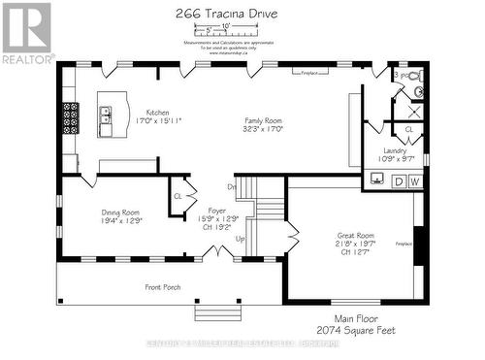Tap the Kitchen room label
pyautogui.click(x=157, y=112)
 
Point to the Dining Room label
pyautogui.click(x=121, y=213)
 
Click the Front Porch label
pyautogui.click(x=166, y=286)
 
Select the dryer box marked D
pyautogui.click(x=399, y=180)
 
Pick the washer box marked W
pyautogui.click(x=414, y=180)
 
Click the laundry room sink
pyautogui.click(x=377, y=180)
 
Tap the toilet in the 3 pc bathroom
pyautogui.click(x=416, y=77)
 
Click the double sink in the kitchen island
pyautogui.click(x=106, y=121)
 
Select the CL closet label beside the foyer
pyautogui.click(x=178, y=196)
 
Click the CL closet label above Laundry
pyautogui.click(x=408, y=129)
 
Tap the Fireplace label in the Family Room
pyautogui.click(x=309, y=72)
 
